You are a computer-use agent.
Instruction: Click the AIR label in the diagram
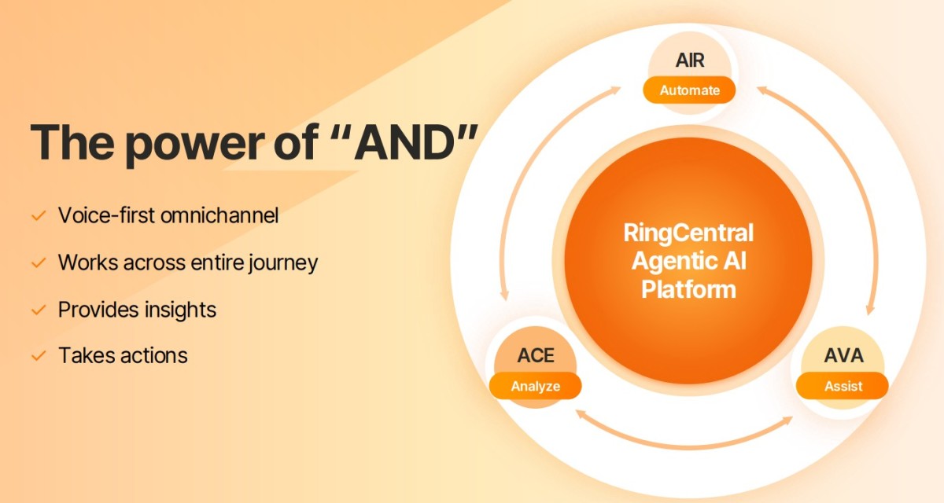689,61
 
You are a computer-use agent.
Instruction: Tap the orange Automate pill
689,90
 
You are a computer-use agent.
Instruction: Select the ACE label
536,356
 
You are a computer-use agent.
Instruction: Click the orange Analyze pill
535,386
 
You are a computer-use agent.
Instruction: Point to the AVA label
843,356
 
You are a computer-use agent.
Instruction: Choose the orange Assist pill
843,386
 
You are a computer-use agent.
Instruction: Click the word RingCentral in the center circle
688,233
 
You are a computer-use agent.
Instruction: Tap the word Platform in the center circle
688,289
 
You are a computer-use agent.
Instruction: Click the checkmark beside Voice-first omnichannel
39,216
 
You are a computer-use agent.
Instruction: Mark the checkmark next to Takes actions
39,356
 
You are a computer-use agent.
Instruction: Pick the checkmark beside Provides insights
39,310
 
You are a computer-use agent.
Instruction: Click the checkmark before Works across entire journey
39,263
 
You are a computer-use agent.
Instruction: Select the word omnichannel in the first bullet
219,215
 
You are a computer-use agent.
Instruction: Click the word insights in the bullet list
180,310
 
